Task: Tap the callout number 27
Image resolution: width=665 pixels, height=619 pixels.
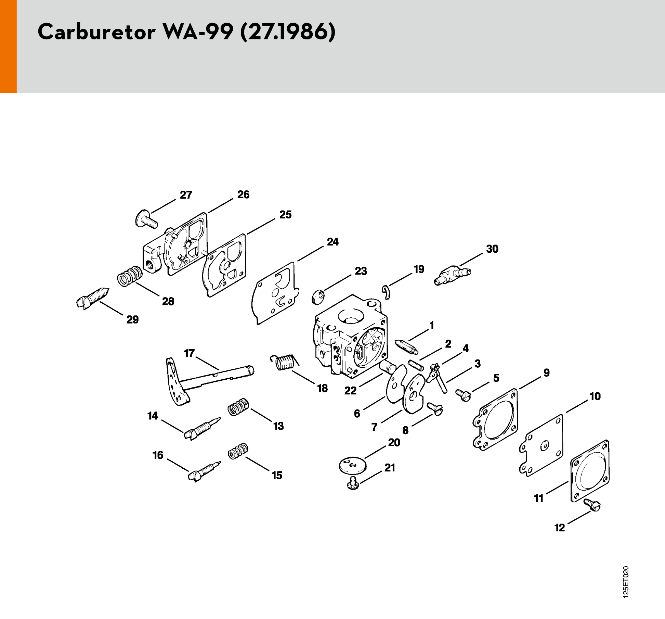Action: pyautogui.click(x=186, y=195)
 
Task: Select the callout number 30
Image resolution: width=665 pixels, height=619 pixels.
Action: pyautogui.click(x=492, y=249)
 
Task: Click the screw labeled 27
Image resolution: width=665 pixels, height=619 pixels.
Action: pyautogui.click(x=146, y=219)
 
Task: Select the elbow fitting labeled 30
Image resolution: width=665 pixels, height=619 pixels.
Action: pyautogui.click(x=452, y=275)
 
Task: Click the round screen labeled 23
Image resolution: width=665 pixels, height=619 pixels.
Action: pyautogui.click(x=318, y=296)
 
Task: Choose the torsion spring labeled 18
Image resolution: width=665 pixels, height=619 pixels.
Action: pyautogui.click(x=285, y=362)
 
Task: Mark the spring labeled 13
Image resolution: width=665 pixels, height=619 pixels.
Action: pyautogui.click(x=238, y=407)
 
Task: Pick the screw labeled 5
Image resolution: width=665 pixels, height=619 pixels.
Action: pyautogui.click(x=464, y=395)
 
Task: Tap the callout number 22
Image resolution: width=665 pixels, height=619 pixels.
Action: pyautogui.click(x=350, y=391)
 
